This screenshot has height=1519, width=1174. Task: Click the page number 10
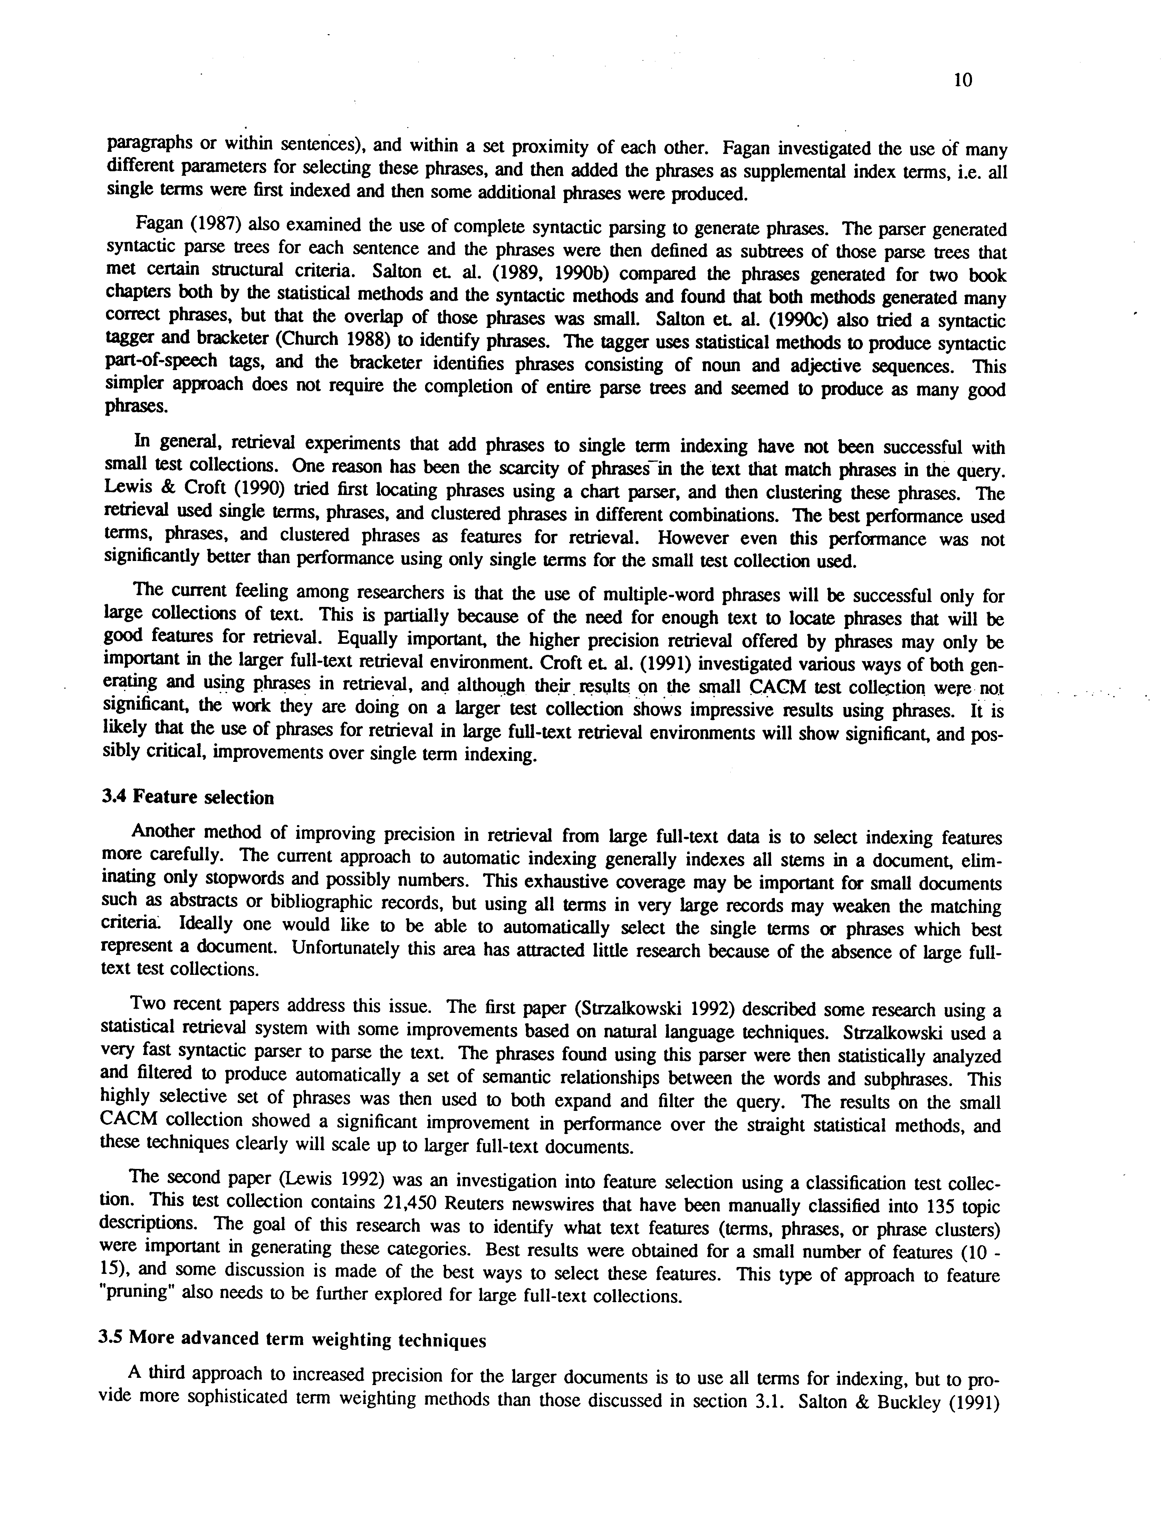[963, 81]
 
